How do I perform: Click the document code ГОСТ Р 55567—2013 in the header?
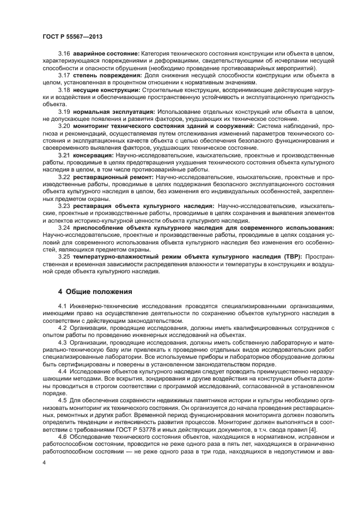(72, 36)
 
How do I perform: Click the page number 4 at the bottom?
(45, 462)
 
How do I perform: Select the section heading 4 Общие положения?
(94, 291)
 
